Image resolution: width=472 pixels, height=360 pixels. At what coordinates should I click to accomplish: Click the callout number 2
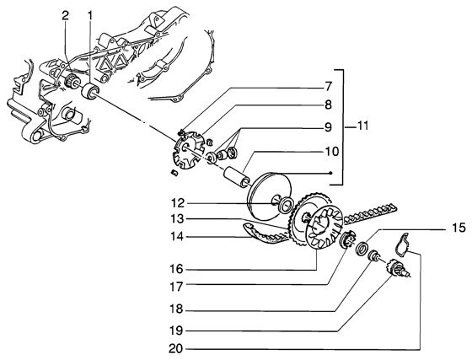click(x=65, y=16)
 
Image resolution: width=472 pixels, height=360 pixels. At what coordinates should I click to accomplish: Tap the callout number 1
click(x=89, y=16)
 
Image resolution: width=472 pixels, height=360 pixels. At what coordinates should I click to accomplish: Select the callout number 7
click(x=328, y=87)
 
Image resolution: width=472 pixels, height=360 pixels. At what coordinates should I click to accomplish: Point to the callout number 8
click(x=328, y=105)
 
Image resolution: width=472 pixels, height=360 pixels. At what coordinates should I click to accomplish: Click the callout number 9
click(x=328, y=127)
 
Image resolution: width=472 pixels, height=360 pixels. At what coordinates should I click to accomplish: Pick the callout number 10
click(x=331, y=152)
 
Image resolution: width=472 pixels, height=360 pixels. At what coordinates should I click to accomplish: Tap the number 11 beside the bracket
click(x=362, y=126)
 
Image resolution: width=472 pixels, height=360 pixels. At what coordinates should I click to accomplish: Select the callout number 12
click(x=178, y=203)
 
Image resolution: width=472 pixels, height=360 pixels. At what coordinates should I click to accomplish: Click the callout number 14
click(x=177, y=237)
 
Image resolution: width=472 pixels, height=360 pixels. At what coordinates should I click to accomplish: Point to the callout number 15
click(x=459, y=228)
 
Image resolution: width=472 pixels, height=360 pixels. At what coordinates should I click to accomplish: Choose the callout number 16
click(x=176, y=269)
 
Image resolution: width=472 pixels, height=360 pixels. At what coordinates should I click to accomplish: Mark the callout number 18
click(x=176, y=309)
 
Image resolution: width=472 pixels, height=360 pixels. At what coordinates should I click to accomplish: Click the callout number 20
click(x=176, y=349)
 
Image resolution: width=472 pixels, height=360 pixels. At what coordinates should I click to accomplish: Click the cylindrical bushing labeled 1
click(x=90, y=91)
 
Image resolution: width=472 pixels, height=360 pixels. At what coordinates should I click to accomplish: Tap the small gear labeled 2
click(x=72, y=81)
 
